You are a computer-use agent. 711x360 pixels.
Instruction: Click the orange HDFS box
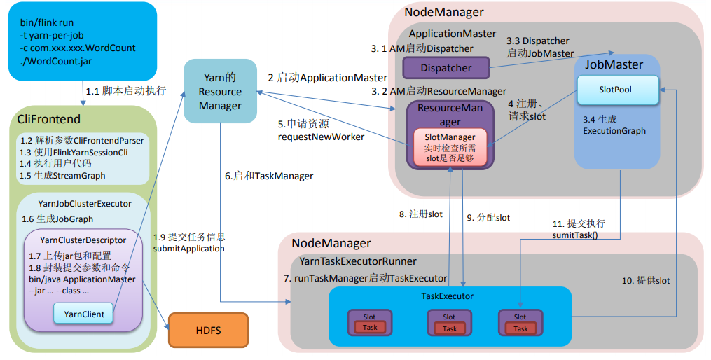pyautogui.click(x=208, y=329)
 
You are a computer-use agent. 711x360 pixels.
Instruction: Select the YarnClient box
pyautogui.click(x=83, y=314)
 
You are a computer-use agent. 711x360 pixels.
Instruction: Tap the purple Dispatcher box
pyautogui.click(x=446, y=68)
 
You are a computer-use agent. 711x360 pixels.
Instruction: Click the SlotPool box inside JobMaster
pyautogui.click(x=616, y=90)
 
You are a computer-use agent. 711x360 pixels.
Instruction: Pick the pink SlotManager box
pyautogui.click(x=450, y=148)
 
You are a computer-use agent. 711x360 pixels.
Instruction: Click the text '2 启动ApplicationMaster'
pyautogui.click(x=327, y=78)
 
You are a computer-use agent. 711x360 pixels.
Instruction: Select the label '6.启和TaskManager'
pyautogui.click(x=269, y=176)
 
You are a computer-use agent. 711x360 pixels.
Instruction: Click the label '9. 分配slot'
pyautogui.click(x=488, y=218)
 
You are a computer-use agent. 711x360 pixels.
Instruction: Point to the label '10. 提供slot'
pyautogui.click(x=645, y=280)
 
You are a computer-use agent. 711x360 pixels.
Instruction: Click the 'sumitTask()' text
pyautogui.click(x=576, y=236)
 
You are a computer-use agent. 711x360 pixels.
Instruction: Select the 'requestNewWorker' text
pyautogui.click(x=322, y=137)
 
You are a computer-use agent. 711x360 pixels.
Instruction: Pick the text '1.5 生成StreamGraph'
pyautogui.click(x=62, y=175)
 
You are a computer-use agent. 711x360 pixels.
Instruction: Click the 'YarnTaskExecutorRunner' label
pyautogui.click(x=357, y=261)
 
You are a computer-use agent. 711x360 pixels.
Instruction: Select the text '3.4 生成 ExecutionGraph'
pyautogui.click(x=614, y=125)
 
